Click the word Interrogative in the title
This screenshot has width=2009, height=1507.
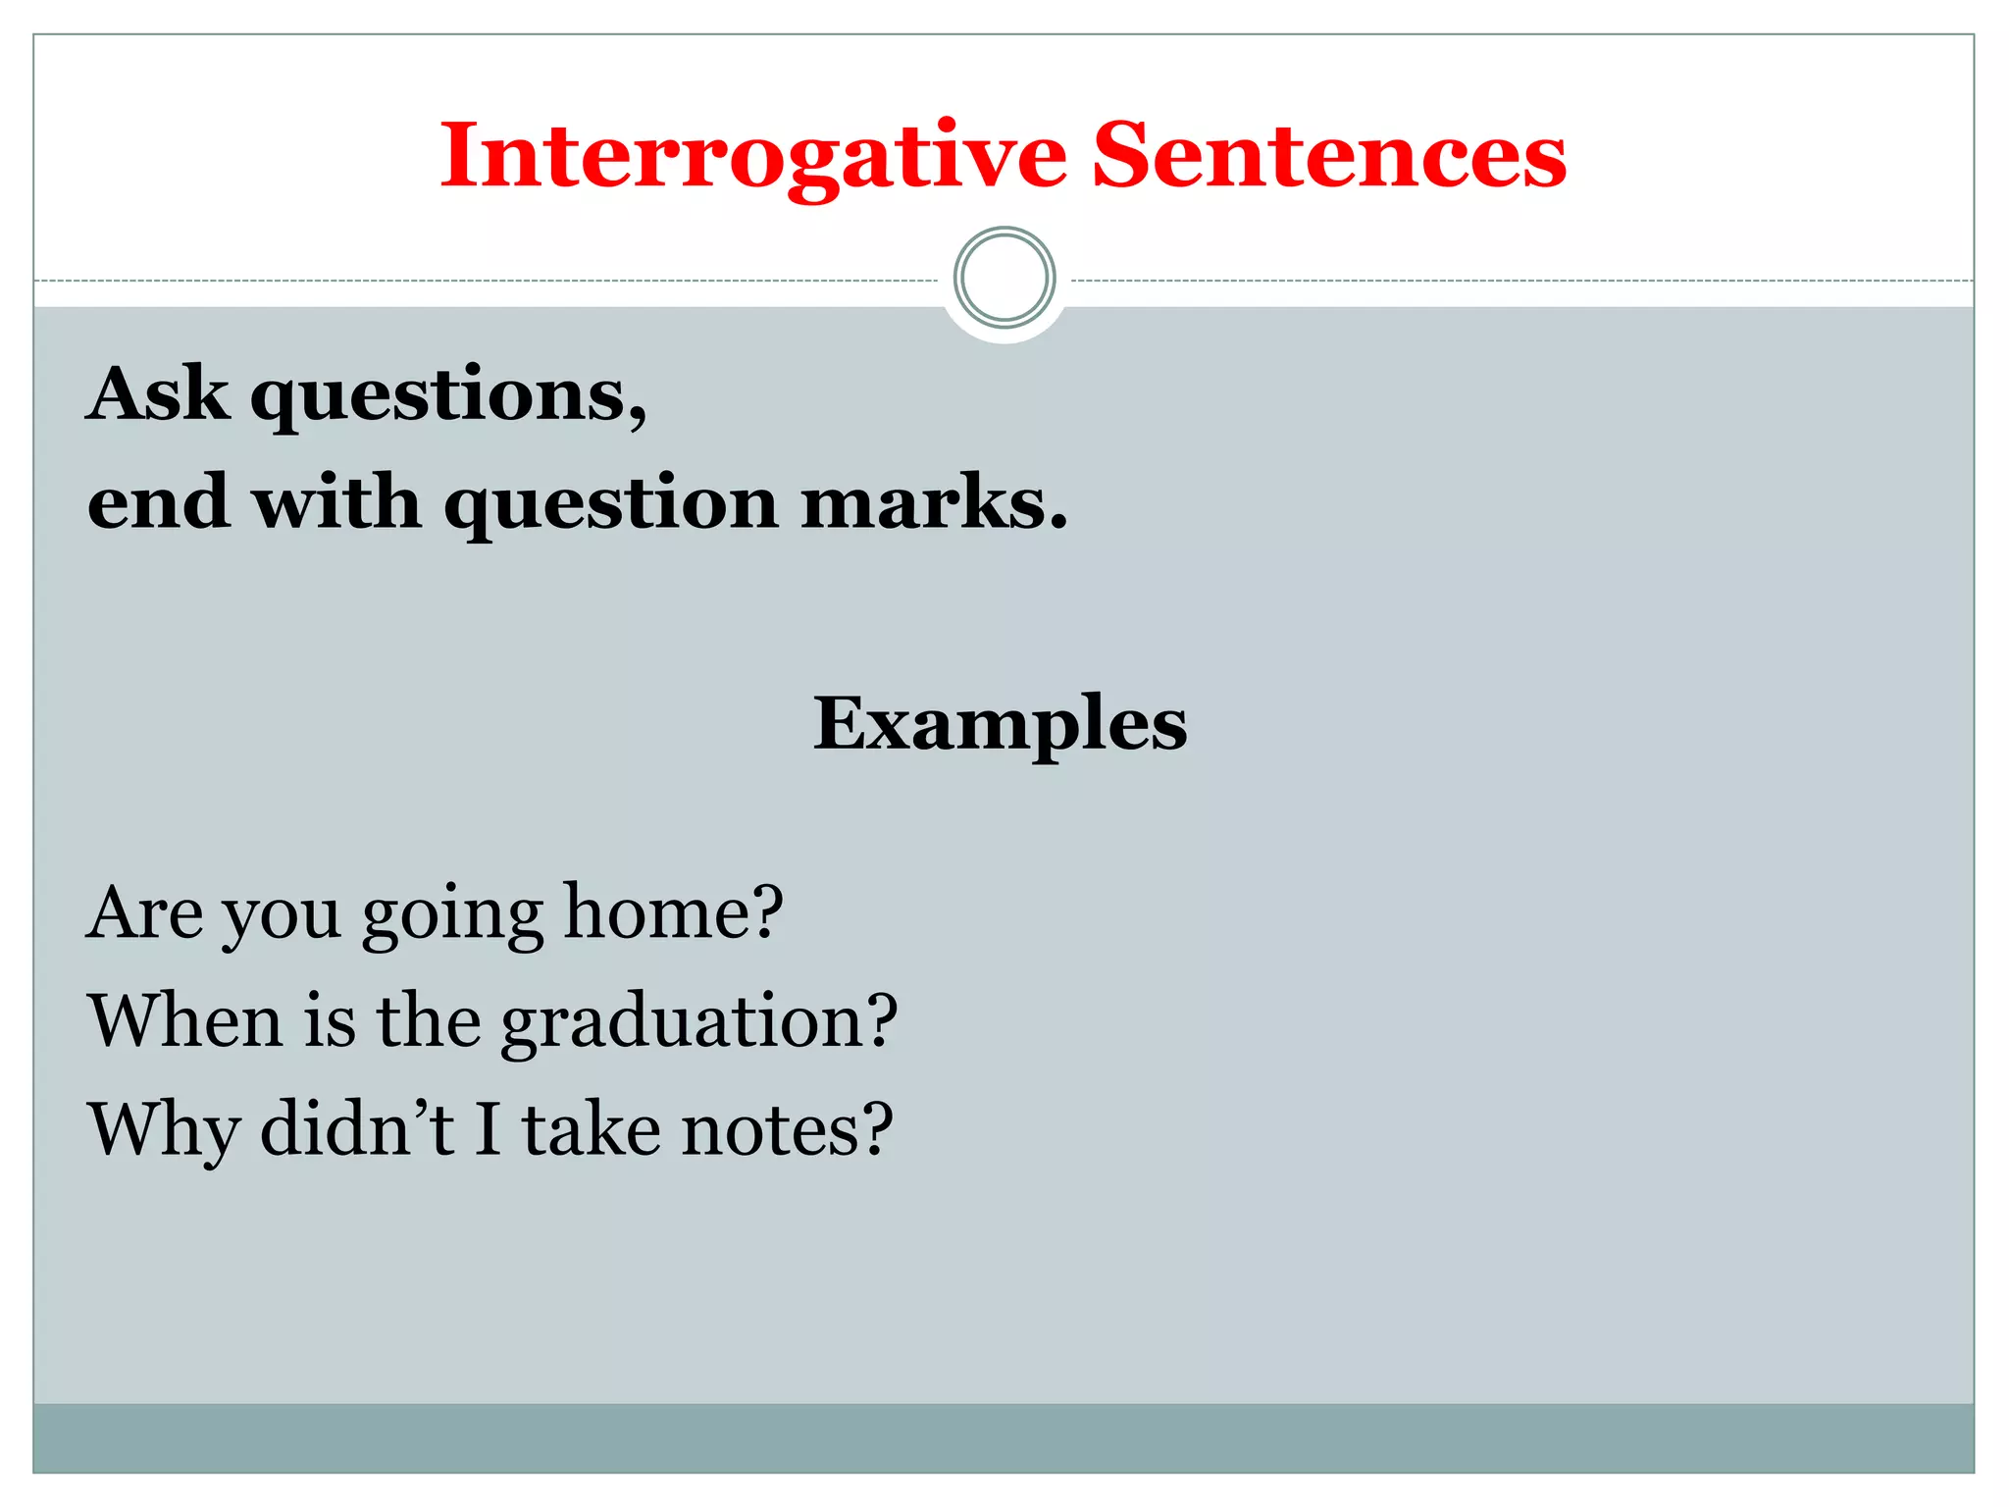[x=752, y=157]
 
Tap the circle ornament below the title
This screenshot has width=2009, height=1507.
[x=1004, y=278]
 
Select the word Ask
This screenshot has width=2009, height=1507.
[x=158, y=393]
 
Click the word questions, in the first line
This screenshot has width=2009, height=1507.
[x=448, y=397]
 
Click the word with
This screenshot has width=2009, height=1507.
[x=336, y=501]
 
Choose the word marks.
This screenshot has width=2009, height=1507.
[x=933, y=501]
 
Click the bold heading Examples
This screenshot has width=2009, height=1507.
[x=1000, y=724]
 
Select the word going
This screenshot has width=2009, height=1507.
[x=452, y=916]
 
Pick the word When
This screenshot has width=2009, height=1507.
[x=185, y=1020]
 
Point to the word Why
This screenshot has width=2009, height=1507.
[x=164, y=1131]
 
